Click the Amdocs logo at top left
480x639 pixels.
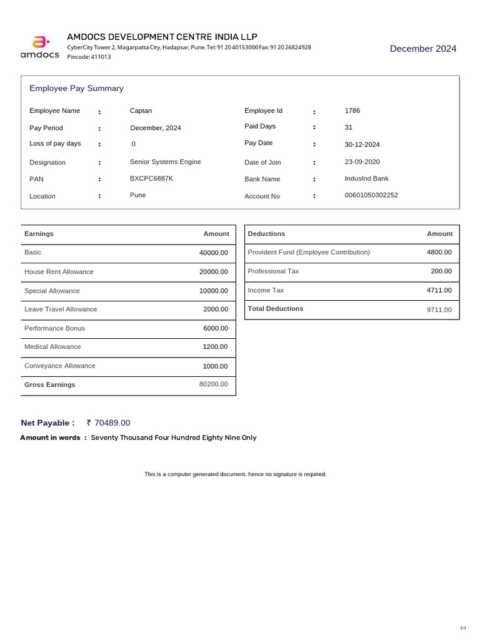[40, 47]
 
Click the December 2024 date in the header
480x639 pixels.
[423, 49]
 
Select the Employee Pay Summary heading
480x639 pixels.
[76, 89]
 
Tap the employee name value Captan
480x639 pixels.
[141, 111]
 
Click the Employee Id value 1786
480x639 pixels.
[352, 111]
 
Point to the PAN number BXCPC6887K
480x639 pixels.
[151, 178]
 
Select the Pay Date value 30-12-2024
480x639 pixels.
[362, 145]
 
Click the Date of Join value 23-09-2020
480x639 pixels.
[362, 162]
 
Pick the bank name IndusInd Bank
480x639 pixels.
[366, 178]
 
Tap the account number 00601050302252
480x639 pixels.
[371, 195]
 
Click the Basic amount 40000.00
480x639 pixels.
[214, 253]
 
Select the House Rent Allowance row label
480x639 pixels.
[59, 272]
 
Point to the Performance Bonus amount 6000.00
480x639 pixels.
[216, 328]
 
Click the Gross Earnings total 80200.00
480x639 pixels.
[214, 384]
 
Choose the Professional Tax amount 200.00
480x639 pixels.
[441, 271]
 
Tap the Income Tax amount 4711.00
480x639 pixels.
[439, 290]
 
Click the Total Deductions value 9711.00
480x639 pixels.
[439, 310]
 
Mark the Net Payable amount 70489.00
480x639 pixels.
[112, 423]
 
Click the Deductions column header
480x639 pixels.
[266, 234]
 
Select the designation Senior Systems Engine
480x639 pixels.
[165, 162]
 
